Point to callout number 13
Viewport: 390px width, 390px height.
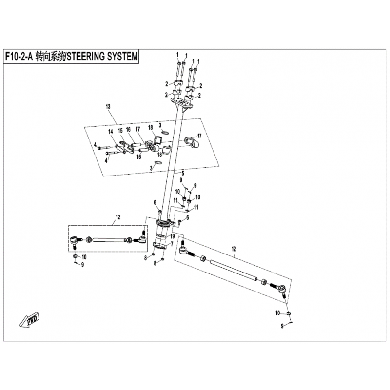[108, 107]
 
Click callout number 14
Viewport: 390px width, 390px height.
[111, 132]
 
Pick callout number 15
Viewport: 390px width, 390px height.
[120, 130]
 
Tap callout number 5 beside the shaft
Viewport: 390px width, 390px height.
[183, 173]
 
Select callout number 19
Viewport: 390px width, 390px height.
[173, 235]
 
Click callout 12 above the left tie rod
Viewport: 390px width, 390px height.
[118, 217]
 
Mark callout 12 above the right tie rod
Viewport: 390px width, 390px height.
[234, 249]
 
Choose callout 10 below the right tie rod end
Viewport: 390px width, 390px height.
[277, 313]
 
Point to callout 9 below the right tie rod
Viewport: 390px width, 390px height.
[282, 326]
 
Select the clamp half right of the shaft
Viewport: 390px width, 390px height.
[192, 142]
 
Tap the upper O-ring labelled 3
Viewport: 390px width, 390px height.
[165, 132]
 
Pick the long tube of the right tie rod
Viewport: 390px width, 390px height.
[234, 271]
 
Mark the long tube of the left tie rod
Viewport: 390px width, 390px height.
[108, 240]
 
